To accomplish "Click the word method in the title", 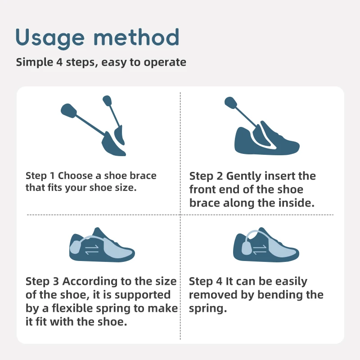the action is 136,37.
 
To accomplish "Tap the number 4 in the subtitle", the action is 59,62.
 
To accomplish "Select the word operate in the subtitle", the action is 165,63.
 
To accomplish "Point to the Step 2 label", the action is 206,176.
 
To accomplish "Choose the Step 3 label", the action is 42,282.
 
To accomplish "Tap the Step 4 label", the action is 206,282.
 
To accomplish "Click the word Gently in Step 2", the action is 244,176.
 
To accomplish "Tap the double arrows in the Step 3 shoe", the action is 92,250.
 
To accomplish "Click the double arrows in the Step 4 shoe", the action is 260,250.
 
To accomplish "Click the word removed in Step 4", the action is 213,295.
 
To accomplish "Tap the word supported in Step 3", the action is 143,295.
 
